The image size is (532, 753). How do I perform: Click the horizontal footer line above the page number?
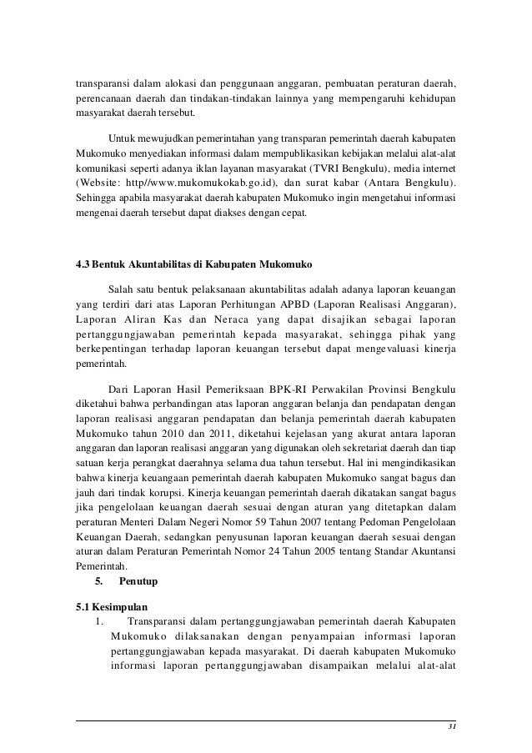[266, 720]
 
